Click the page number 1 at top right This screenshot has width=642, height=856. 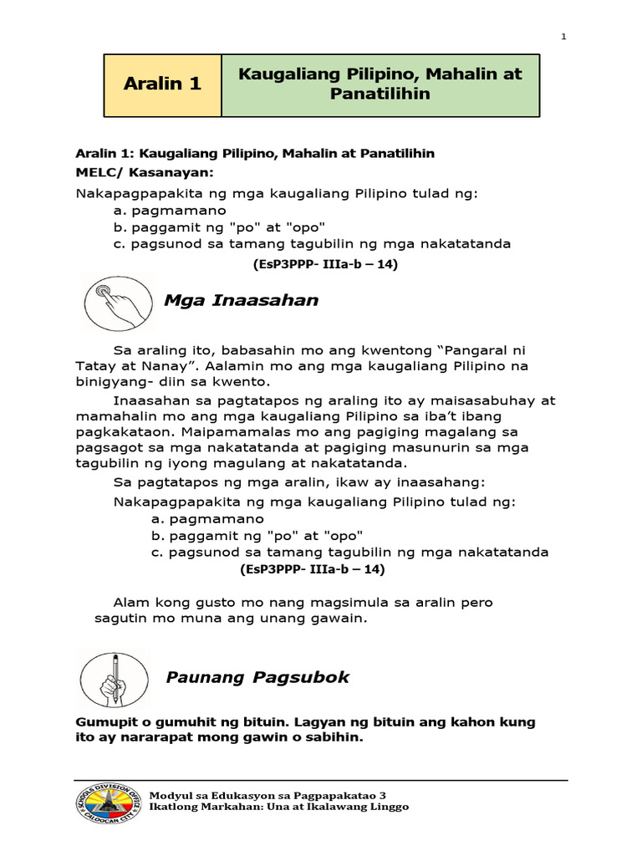click(563, 36)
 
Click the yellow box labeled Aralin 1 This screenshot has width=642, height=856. click(162, 84)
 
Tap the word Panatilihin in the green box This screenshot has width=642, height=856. click(380, 94)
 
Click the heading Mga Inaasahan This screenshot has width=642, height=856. click(242, 300)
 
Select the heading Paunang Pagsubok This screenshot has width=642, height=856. click(257, 677)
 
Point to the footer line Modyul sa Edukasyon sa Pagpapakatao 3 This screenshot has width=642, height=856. click(267, 794)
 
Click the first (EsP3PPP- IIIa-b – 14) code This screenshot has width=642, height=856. click(325, 264)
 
